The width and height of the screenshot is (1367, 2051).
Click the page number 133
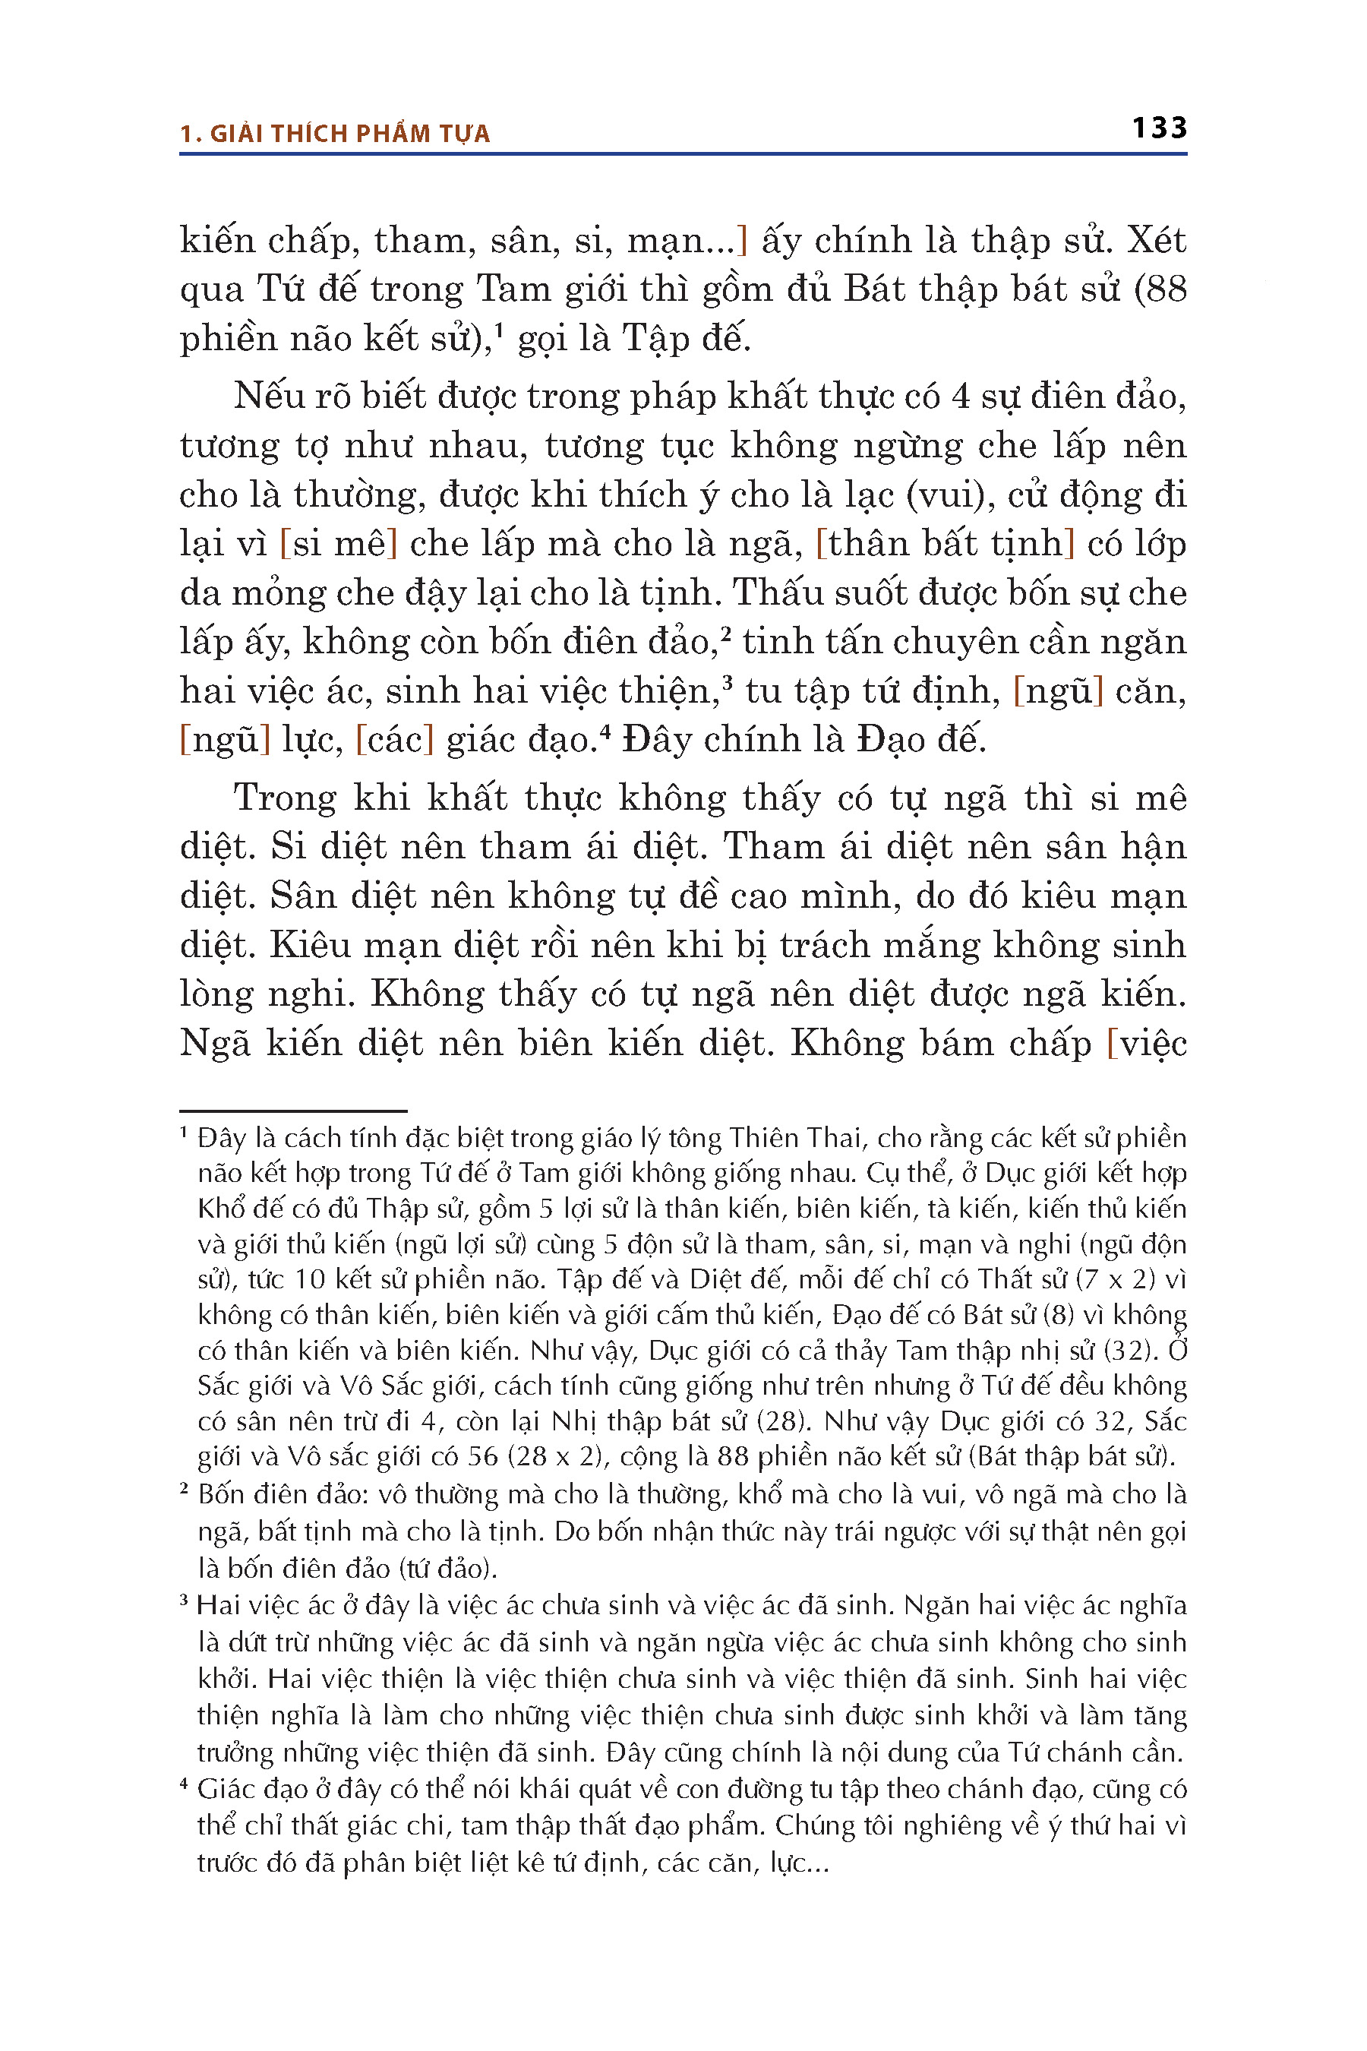1159,128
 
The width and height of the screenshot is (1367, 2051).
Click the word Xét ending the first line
1156,240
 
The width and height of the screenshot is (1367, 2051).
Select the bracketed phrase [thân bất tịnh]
945,544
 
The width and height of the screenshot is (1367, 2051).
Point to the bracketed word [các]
395,741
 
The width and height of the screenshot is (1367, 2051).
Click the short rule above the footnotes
293,1111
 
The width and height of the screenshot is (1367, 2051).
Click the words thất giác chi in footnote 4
371,1825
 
